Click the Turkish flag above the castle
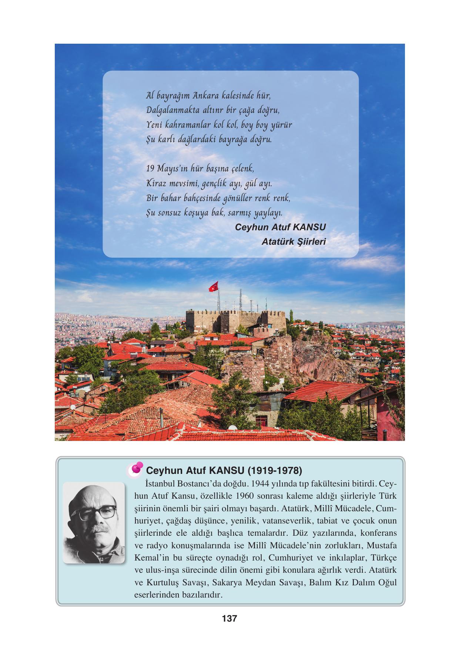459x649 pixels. [x=214, y=286]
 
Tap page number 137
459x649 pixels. [x=229, y=618]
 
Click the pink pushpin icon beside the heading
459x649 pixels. [x=137, y=468]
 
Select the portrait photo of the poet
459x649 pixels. [x=94, y=522]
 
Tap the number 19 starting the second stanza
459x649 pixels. [x=150, y=168]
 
